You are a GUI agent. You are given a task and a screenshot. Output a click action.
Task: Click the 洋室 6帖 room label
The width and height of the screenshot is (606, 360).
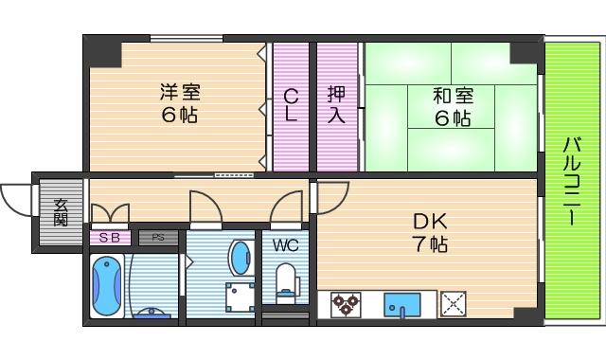[x=179, y=104]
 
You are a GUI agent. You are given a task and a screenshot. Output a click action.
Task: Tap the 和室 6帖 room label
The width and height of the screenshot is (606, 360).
[x=453, y=106]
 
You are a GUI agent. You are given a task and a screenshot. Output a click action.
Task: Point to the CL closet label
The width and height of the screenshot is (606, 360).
[x=291, y=104]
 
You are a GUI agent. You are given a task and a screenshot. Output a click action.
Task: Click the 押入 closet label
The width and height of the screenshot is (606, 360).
[x=336, y=104]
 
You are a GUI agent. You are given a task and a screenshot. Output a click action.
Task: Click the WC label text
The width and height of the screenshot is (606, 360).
[x=285, y=245]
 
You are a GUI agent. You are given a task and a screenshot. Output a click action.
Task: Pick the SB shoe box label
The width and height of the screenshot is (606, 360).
[x=110, y=238]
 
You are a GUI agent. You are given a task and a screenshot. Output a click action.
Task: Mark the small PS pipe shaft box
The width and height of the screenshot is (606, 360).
[x=158, y=238]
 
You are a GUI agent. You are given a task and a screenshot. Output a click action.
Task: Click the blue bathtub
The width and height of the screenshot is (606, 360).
[x=105, y=284]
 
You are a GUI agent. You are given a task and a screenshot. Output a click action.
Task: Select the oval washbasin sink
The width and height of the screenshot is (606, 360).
[x=241, y=258]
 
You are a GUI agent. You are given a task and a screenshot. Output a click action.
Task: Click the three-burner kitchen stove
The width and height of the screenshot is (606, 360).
[x=346, y=305]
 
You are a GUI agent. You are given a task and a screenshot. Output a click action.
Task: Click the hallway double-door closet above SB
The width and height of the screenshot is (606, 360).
[x=110, y=214]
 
